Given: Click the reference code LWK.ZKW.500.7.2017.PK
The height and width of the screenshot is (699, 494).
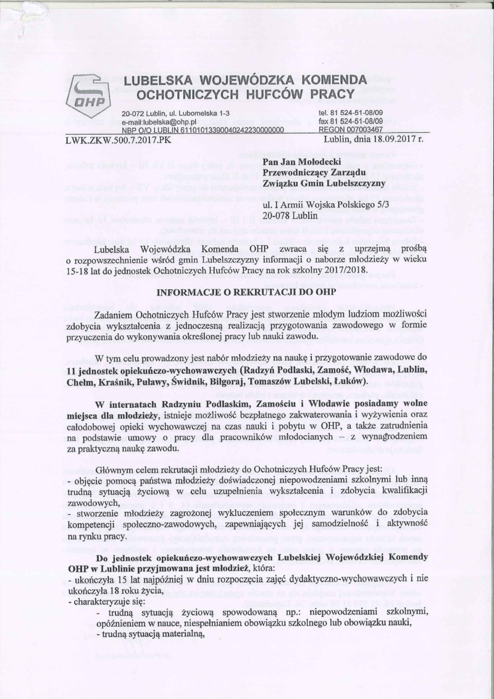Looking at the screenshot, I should (117, 140).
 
